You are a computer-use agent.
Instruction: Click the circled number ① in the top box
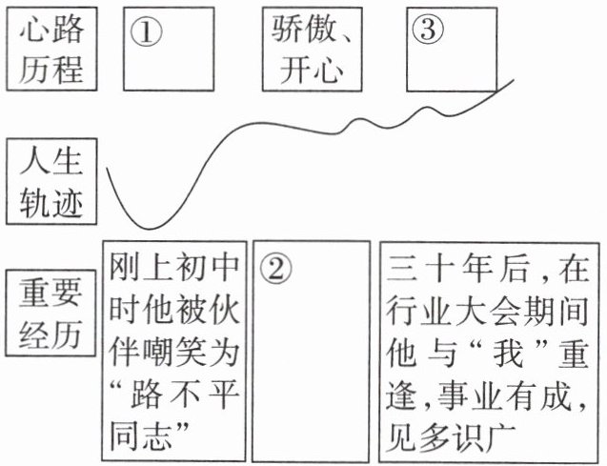(147, 30)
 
